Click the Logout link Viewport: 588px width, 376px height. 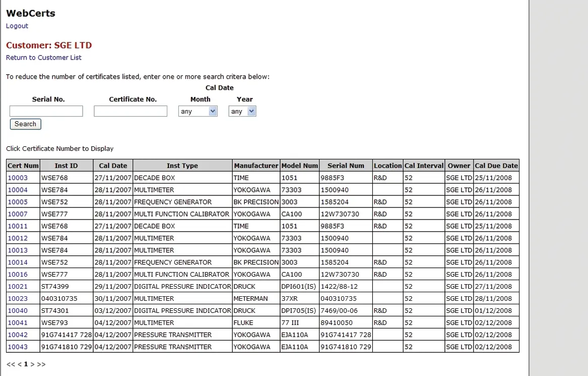click(17, 26)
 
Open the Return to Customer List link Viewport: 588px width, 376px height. click(44, 58)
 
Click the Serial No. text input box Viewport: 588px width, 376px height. click(46, 111)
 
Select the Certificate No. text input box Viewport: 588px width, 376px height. click(130, 111)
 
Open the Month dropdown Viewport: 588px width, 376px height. click(198, 112)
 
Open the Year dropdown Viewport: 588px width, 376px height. click(242, 112)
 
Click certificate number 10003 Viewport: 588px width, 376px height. click(18, 178)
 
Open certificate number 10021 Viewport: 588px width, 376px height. click(18, 287)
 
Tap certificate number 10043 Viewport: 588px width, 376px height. click(18, 347)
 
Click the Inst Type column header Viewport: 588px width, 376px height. click(182, 166)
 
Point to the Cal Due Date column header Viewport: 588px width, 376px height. click(496, 166)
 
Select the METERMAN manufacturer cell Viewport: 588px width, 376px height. click(250, 299)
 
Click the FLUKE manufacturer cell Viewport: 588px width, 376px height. click(244, 323)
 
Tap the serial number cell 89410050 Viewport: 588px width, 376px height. click(337, 323)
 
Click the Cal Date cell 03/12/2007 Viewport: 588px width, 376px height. click(113, 311)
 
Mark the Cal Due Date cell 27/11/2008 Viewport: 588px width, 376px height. click(493, 287)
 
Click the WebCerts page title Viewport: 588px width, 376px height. click(31, 13)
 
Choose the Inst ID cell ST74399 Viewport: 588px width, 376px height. click(55, 287)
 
